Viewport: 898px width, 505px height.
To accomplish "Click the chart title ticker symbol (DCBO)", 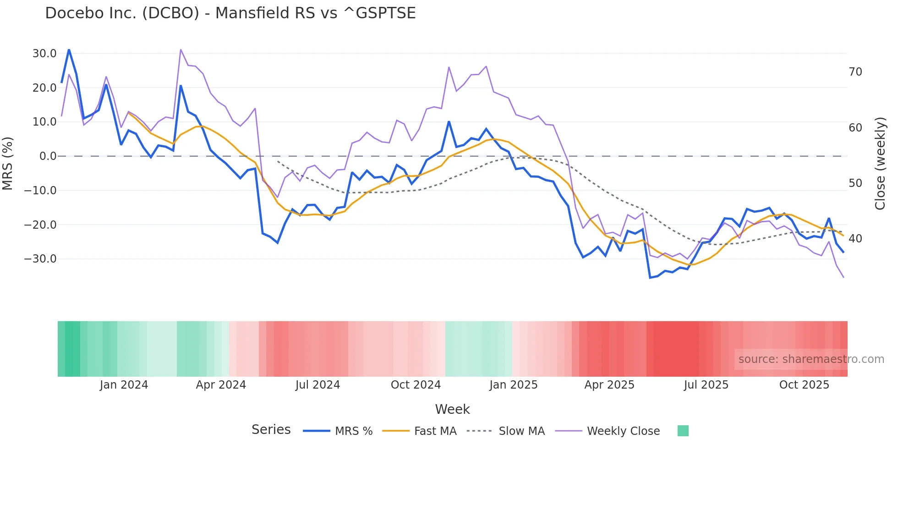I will (171, 13).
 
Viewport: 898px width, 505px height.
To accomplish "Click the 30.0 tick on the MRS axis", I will (44, 54).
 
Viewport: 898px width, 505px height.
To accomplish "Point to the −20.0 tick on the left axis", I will (40, 225).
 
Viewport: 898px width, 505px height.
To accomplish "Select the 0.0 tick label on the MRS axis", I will (48, 156).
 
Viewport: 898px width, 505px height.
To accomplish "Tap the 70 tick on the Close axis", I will (855, 72).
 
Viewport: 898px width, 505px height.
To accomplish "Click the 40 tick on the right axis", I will (855, 239).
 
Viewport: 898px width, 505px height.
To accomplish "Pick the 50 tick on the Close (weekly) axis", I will (855, 183).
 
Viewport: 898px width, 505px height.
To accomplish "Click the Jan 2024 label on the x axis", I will (124, 385).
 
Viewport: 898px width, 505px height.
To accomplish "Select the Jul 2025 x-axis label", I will (706, 385).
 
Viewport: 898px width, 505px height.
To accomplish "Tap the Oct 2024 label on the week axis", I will (416, 385).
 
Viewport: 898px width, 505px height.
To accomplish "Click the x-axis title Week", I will (452, 409).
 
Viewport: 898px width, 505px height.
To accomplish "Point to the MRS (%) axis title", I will (8, 164).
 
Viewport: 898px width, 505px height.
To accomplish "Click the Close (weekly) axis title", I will (880, 164).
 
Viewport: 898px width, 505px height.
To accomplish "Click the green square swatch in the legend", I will (683, 431).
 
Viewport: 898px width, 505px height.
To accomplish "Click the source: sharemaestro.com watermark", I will (811, 359).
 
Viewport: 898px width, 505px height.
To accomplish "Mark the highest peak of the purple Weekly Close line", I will (181, 49).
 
